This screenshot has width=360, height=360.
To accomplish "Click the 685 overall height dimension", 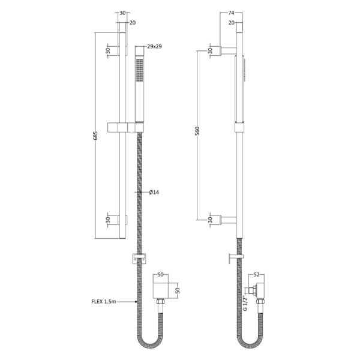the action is point(96,136).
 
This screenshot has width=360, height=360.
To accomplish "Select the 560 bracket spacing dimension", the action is point(197,131).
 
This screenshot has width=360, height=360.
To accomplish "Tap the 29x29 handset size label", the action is point(155,46).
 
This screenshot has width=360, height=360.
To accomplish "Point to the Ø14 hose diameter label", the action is point(154,192).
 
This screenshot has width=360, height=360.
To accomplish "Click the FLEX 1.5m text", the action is point(104,301).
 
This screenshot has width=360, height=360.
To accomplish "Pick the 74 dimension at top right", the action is point(231,13).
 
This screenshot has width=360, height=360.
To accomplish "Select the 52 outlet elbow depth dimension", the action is point(257,274).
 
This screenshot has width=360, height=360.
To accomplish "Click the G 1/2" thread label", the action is point(245,304).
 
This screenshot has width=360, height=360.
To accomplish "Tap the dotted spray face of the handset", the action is point(140,70).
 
